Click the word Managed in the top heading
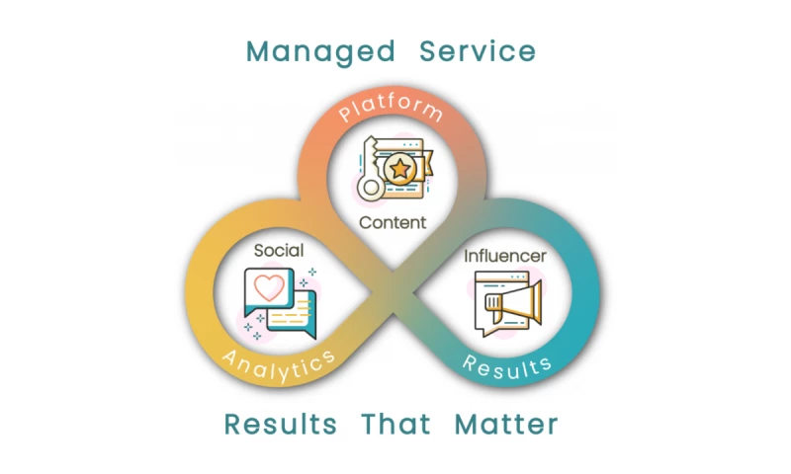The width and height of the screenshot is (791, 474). [320, 51]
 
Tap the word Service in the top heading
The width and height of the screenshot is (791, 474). [478, 51]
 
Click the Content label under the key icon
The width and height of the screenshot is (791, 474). [393, 222]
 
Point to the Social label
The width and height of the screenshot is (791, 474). [279, 251]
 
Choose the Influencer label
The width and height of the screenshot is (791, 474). [505, 257]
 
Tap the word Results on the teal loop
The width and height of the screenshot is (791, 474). [508, 366]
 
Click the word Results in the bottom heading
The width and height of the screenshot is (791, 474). [280, 425]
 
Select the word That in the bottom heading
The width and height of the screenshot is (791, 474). [395, 425]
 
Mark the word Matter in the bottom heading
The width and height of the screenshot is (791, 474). [506, 425]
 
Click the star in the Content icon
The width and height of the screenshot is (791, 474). [400, 170]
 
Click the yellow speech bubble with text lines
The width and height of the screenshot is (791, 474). [292, 315]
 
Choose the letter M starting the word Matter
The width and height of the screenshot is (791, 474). [468, 425]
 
